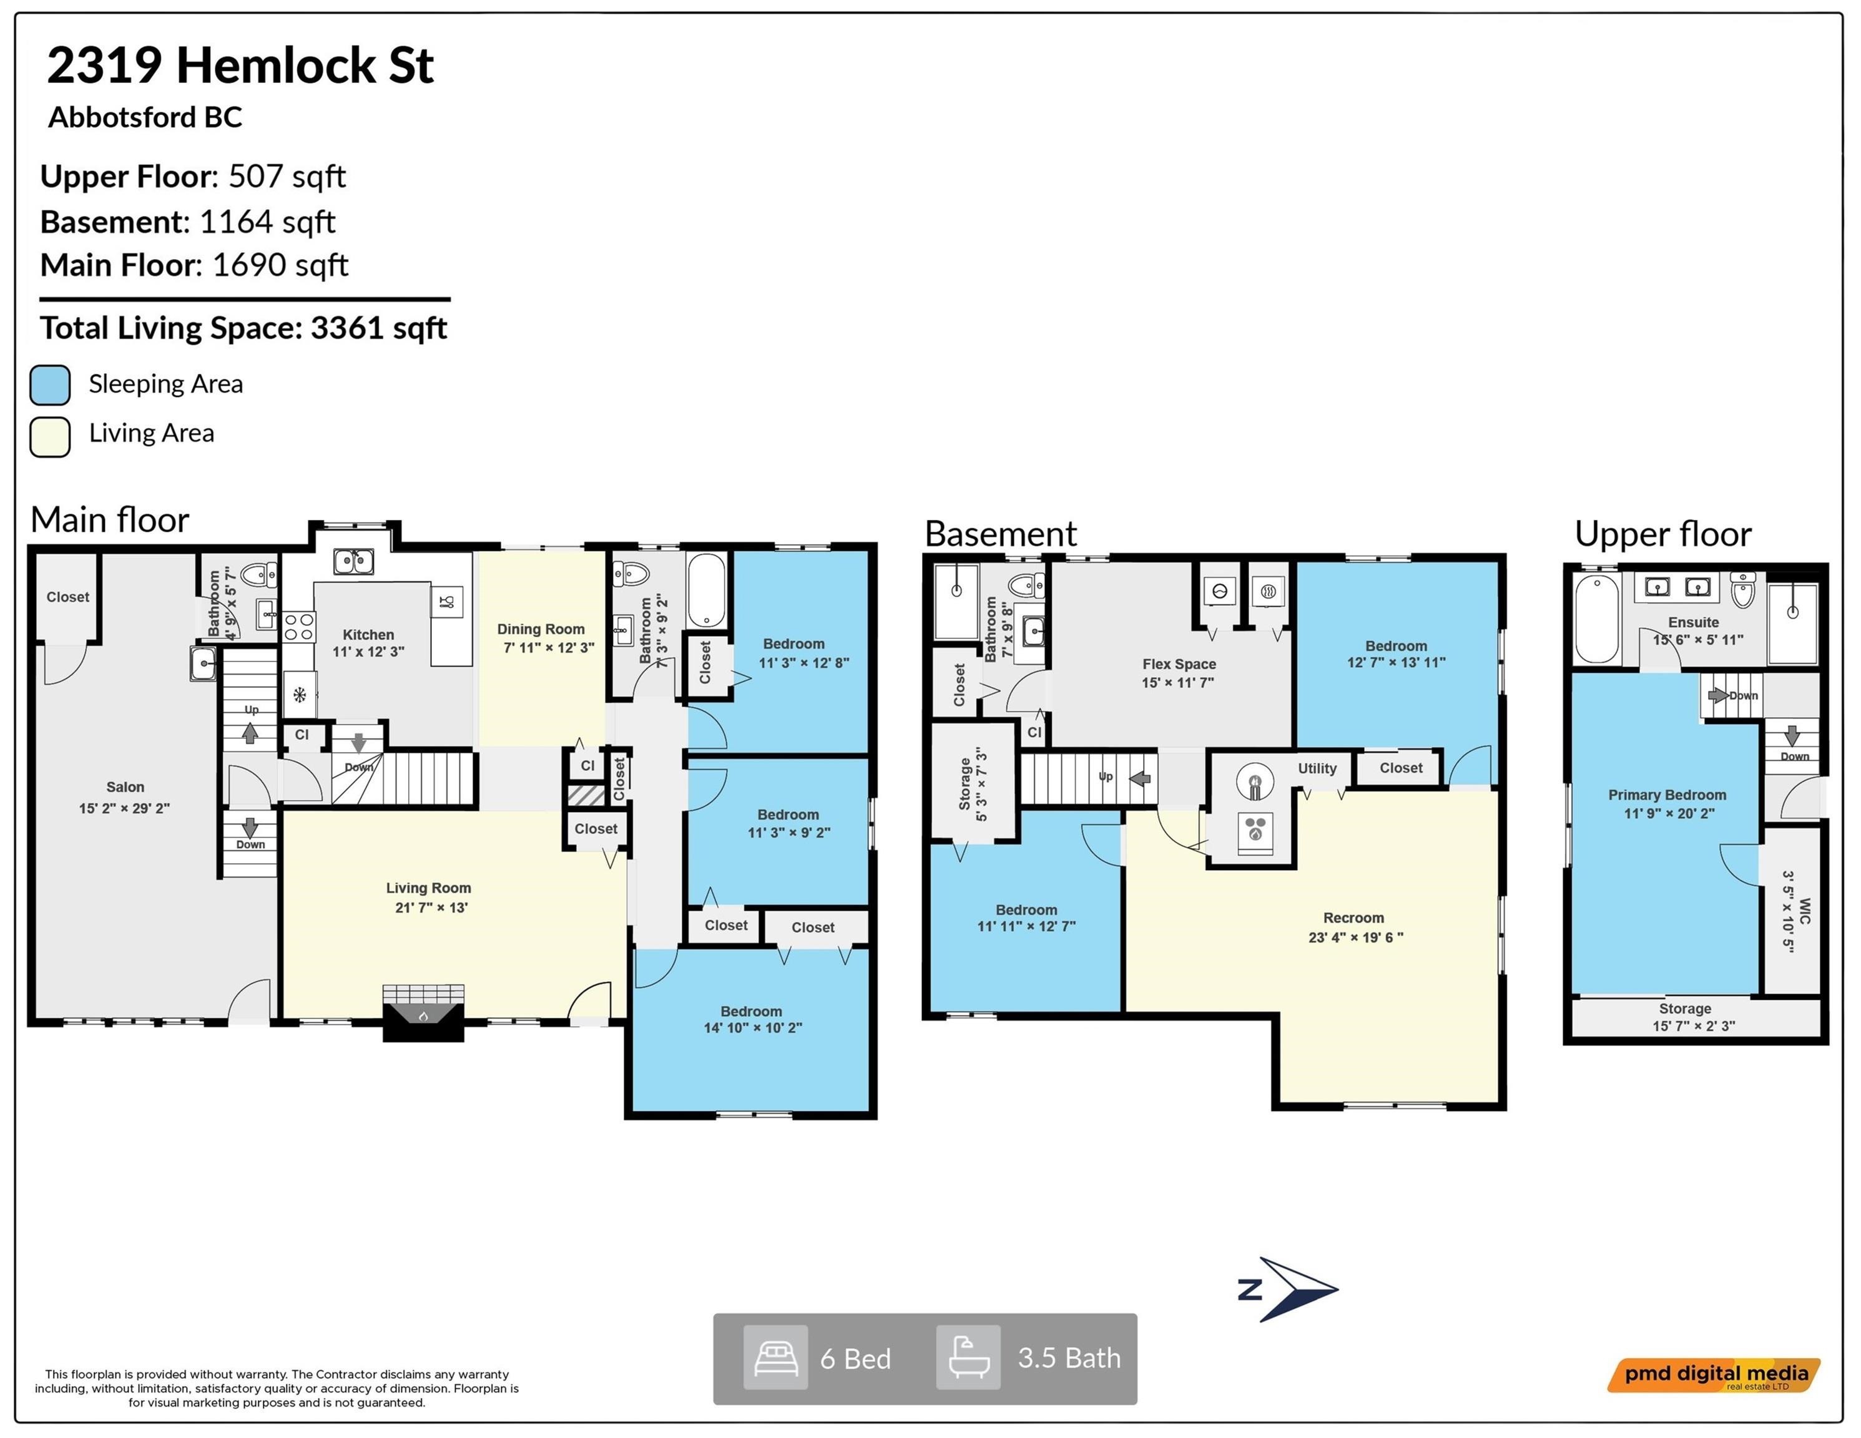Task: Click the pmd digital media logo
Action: (1714, 1374)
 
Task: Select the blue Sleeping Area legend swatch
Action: (49, 385)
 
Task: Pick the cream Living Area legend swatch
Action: (49, 437)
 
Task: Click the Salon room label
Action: (125, 787)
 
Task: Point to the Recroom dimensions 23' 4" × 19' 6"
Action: (1356, 937)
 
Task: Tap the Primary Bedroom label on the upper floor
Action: (1667, 795)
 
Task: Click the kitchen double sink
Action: (353, 561)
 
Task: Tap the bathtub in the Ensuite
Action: (1597, 619)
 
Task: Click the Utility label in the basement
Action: (1317, 768)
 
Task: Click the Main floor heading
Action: (110, 520)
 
